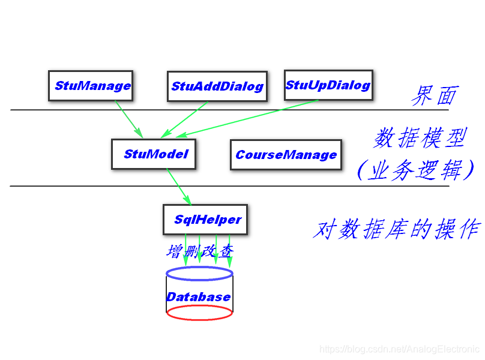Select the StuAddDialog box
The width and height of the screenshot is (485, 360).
(x=217, y=86)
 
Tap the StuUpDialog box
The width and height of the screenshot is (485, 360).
(x=328, y=85)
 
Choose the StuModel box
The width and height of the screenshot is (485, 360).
(x=155, y=154)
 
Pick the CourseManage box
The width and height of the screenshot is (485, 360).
(x=286, y=155)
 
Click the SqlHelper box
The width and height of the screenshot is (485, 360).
(x=205, y=220)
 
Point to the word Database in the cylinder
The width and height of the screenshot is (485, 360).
(x=199, y=297)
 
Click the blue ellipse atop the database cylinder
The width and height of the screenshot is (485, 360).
(x=199, y=274)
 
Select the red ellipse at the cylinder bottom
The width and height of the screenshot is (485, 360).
(x=199, y=313)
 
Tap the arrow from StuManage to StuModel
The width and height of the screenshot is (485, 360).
(x=128, y=118)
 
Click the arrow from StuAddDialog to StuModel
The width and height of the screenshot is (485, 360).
(x=184, y=118)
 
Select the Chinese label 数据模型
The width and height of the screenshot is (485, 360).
(x=420, y=139)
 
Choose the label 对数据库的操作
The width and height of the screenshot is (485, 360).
(x=397, y=229)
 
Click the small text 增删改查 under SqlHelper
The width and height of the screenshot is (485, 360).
(x=199, y=251)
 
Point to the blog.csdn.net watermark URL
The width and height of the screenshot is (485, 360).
(x=399, y=349)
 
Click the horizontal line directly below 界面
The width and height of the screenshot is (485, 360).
(x=228, y=110)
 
